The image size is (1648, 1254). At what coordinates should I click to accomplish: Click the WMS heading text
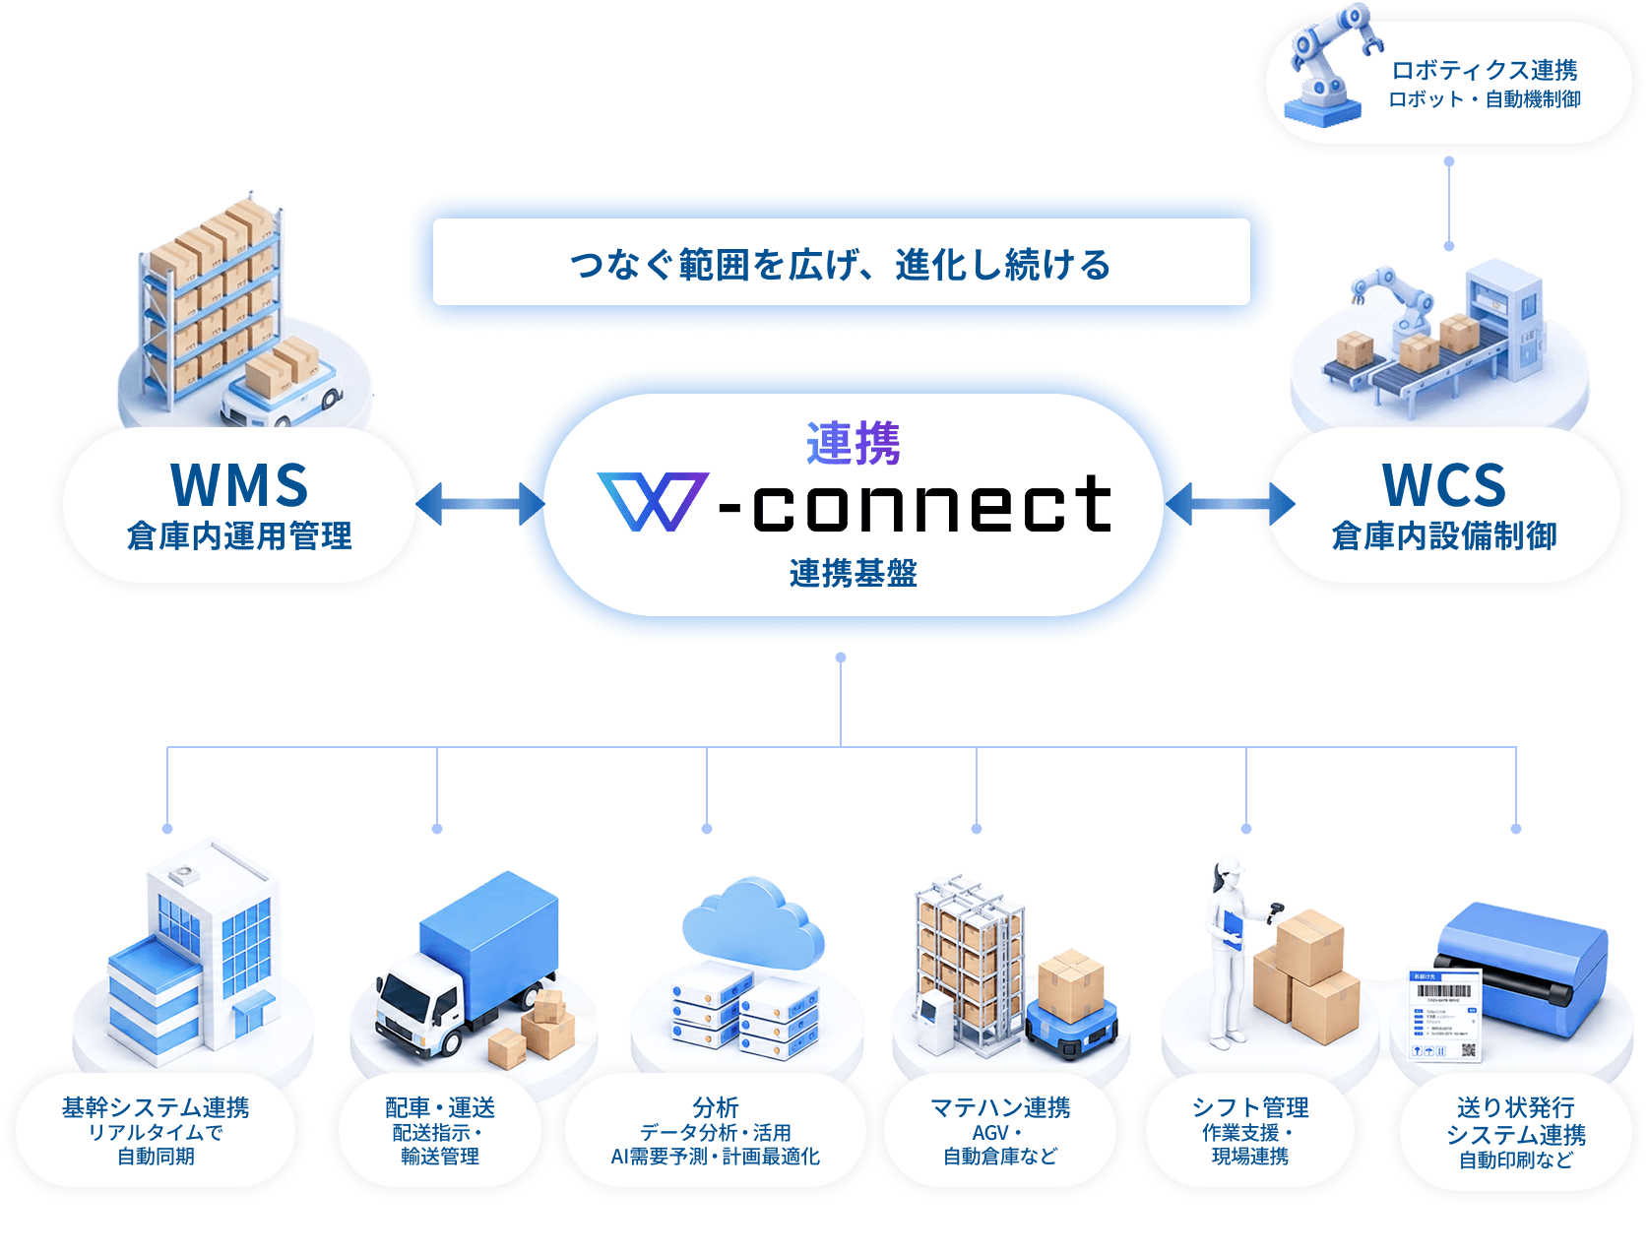239,485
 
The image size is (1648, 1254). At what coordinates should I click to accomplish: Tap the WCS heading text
1443,485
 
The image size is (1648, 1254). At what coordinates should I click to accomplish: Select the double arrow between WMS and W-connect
479,504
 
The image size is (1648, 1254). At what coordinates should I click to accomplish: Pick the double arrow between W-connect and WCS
1229,504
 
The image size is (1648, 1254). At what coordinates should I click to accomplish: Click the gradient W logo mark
652,501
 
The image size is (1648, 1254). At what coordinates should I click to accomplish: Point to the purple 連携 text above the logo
853,444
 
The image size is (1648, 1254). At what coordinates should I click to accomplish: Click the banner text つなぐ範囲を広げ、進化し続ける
840,264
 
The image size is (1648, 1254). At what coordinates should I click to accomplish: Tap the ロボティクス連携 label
1485,70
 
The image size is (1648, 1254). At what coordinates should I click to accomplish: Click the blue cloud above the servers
752,923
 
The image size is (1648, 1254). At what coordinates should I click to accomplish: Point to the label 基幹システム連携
156,1107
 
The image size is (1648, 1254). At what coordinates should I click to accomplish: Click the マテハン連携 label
1000,1107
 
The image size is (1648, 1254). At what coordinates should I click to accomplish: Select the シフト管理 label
1250,1107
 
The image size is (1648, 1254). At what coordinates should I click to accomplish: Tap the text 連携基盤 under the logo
853,573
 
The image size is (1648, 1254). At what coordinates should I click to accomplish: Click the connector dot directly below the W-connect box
840,658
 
